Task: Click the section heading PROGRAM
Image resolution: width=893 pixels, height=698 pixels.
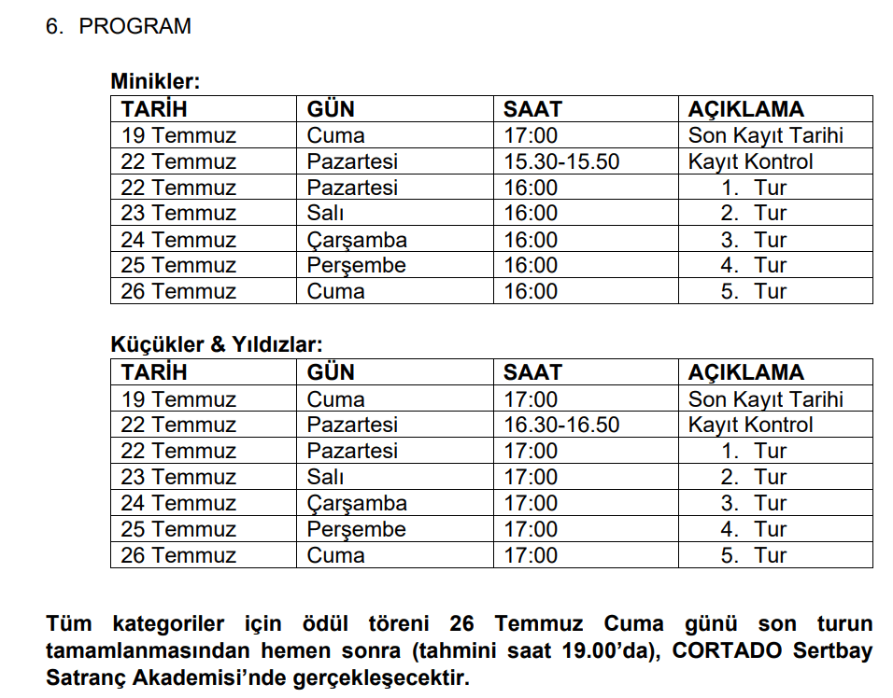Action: [135, 26]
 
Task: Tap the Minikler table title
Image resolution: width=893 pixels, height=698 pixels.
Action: [155, 82]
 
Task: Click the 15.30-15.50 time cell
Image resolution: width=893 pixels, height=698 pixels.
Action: [561, 161]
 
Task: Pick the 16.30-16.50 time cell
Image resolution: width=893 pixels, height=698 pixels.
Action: [561, 425]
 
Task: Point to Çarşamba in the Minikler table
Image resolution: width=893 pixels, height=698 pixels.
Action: [357, 240]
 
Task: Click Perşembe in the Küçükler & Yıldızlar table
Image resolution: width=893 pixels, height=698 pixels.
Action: [357, 529]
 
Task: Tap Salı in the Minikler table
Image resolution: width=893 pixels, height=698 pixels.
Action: [325, 214]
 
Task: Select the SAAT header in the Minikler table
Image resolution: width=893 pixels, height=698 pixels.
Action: [532, 109]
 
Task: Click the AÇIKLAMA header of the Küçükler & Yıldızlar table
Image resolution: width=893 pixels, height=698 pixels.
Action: [745, 372]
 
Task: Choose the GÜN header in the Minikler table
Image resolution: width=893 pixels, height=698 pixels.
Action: [331, 109]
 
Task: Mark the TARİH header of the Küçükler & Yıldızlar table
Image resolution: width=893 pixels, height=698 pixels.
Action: [154, 372]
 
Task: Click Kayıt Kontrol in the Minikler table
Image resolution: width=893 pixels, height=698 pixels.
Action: [750, 161]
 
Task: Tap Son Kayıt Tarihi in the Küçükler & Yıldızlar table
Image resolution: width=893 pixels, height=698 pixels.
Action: [765, 399]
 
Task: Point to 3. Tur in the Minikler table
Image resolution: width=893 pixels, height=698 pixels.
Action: [754, 240]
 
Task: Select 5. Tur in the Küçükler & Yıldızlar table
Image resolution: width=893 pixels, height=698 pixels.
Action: [754, 555]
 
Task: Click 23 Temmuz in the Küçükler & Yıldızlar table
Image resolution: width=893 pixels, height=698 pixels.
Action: [178, 477]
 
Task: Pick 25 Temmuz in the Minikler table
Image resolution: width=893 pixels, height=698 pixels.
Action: [178, 265]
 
